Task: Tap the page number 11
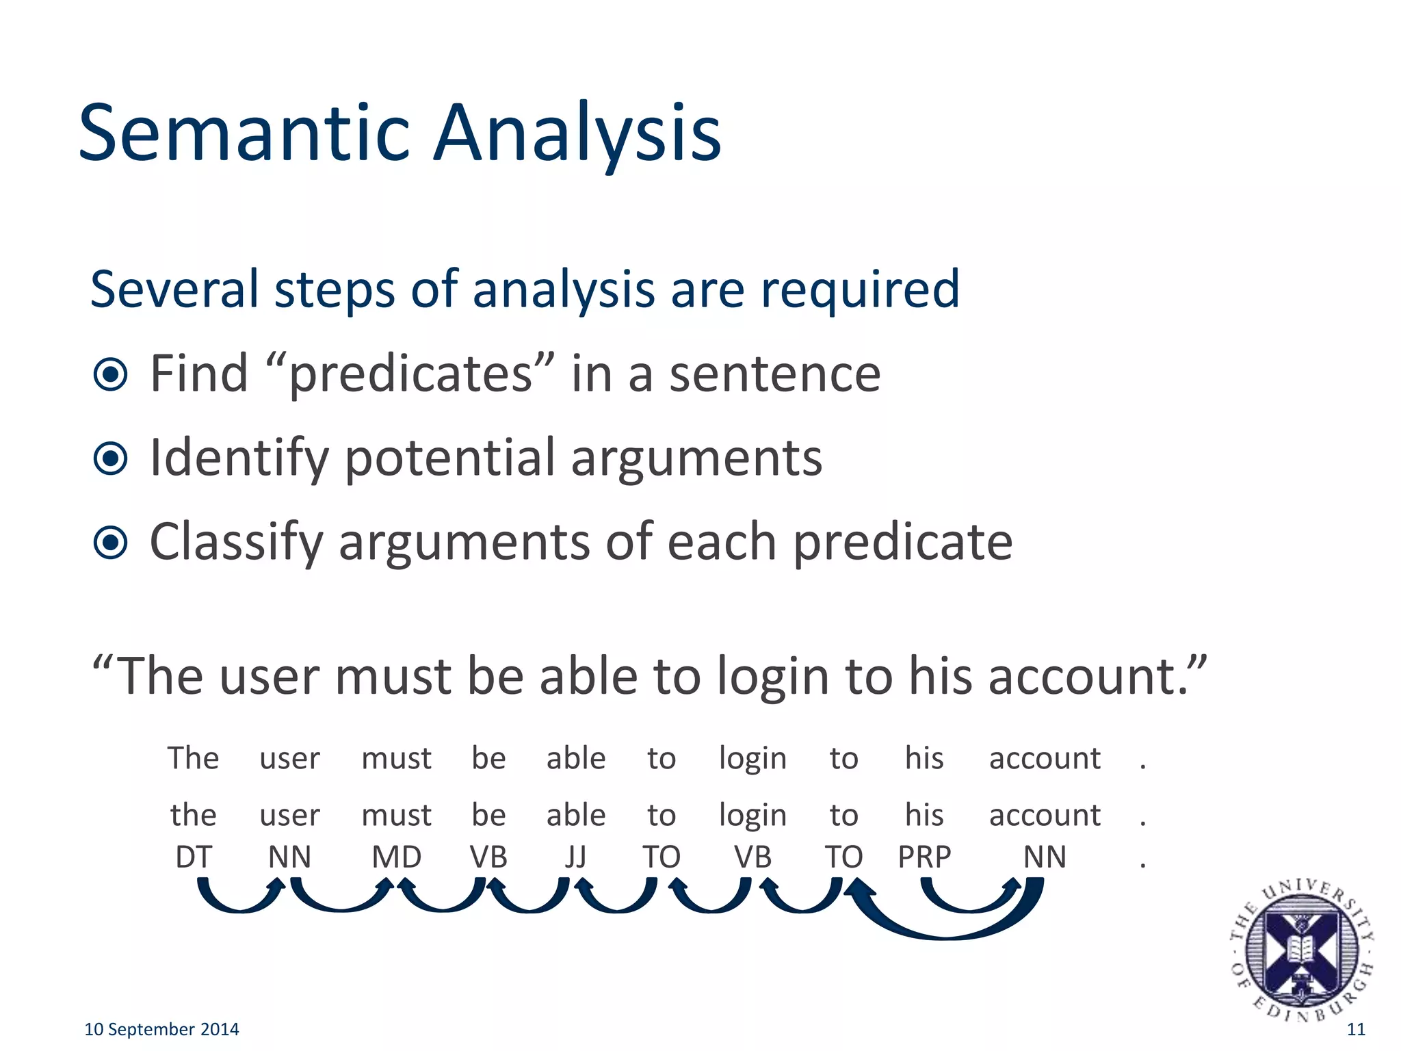pyautogui.click(x=1355, y=1029)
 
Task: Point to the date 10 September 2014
pyautogui.click(x=161, y=1029)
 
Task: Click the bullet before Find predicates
pyautogui.click(x=110, y=374)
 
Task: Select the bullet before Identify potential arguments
pyautogui.click(x=110, y=458)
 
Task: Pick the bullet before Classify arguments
pyautogui.click(x=110, y=543)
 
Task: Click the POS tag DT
pyautogui.click(x=194, y=857)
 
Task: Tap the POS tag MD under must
pyautogui.click(x=396, y=857)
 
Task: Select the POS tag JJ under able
pyautogui.click(x=575, y=857)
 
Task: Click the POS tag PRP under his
pyautogui.click(x=924, y=857)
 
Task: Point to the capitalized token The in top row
pyautogui.click(x=193, y=758)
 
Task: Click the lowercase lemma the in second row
pyautogui.click(x=193, y=815)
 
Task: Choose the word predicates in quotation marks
pyautogui.click(x=410, y=374)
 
